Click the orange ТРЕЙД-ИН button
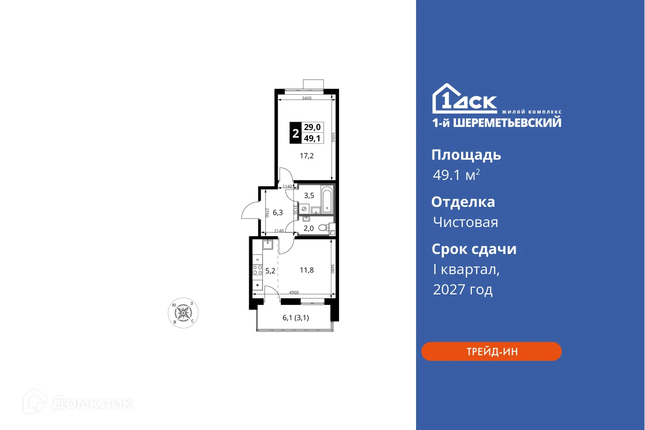tap(491, 352)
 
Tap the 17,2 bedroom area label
tap(307, 156)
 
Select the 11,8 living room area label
tap(306, 270)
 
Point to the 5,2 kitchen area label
tap(270, 271)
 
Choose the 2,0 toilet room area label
tap(308, 228)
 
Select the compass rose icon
tap(183, 313)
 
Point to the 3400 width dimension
tap(307, 98)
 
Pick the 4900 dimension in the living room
tap(294, 292)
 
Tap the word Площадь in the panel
tap(466, 155)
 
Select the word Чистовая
tap(465, 222)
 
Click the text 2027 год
tap(463, 290)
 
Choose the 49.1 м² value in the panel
tap(456, 175)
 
